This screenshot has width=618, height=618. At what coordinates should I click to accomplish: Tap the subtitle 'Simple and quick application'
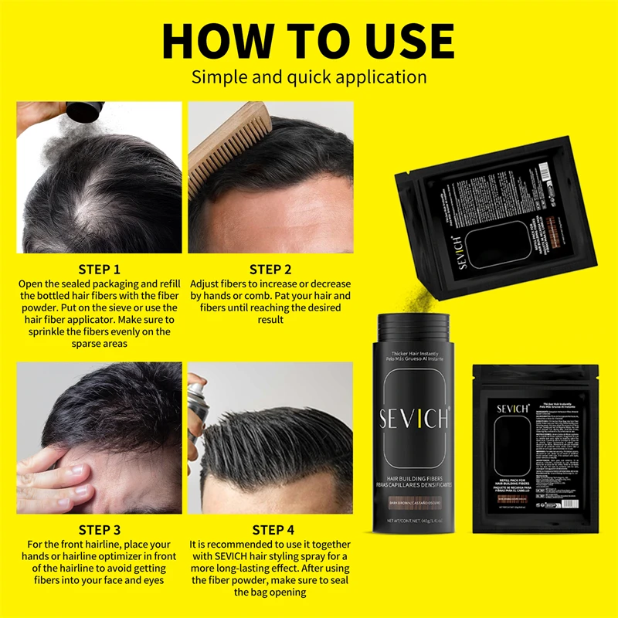[309, 77]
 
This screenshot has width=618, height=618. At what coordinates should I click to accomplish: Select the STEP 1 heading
[99, 270]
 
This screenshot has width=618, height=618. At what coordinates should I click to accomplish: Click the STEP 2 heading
[270, 270]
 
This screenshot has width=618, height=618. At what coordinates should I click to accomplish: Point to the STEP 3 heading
[99, 530]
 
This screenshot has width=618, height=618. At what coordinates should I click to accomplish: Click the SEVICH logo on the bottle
[413, 419]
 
